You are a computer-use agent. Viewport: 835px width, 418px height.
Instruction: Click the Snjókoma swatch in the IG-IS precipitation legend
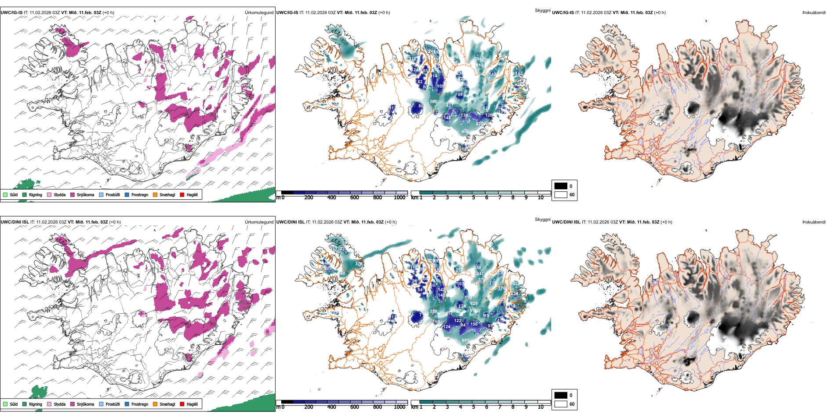(x=73, y=194)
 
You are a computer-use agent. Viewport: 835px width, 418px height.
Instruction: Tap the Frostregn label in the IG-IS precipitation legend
(x=139, y=194)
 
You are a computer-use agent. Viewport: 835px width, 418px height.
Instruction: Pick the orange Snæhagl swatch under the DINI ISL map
(x=155, y=404)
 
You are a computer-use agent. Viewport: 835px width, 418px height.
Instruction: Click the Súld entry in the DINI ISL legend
(x=14, y=404)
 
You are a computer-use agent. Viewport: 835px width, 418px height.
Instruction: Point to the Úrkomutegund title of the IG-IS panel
(x=259, y=12)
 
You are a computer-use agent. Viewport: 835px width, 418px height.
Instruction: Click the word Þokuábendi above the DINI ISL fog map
(x=814, y=222)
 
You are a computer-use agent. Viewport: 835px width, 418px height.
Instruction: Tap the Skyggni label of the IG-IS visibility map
(x=542, y=10)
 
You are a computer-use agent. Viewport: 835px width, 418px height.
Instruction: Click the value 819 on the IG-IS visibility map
(x=479, y=65)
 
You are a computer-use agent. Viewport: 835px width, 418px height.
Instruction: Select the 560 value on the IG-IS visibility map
(x=433, y=102)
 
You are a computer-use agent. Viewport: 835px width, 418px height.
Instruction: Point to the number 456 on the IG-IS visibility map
(x=465, y=132)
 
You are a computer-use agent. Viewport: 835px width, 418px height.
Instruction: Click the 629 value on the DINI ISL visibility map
(x=474, y=304)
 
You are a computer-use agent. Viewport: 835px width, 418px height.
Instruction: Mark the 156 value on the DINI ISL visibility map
(x=474, y=324)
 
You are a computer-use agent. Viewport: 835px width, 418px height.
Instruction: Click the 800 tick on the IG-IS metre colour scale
(x=377, y=198)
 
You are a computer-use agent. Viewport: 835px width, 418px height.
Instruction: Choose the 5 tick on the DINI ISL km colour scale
(x=473, y=407)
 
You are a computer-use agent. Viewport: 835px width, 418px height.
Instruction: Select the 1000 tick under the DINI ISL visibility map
(x=399, y=407)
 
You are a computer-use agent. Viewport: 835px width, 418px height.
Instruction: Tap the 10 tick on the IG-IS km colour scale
(x=541, y=198)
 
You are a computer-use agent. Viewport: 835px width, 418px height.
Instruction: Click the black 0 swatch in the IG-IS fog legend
(x=561, y=186)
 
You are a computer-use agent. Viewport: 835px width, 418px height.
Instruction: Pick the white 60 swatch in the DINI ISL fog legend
(x=561, y=404)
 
